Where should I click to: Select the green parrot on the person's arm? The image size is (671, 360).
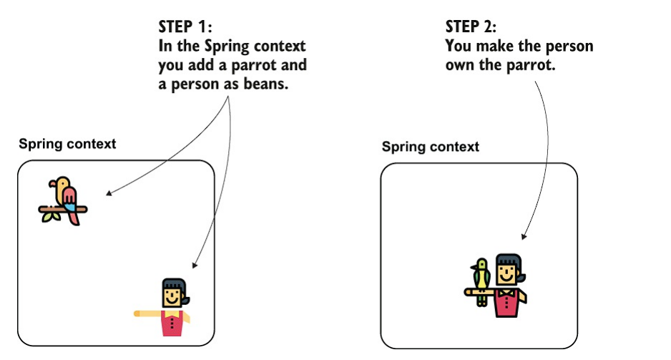click(481, 276)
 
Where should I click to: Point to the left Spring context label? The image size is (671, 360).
click(67, 143)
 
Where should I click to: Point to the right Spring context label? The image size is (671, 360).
click(430, 147)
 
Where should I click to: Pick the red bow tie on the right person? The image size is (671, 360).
click(506, 292)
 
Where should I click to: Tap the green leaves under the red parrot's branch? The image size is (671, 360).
click(51, 216)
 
